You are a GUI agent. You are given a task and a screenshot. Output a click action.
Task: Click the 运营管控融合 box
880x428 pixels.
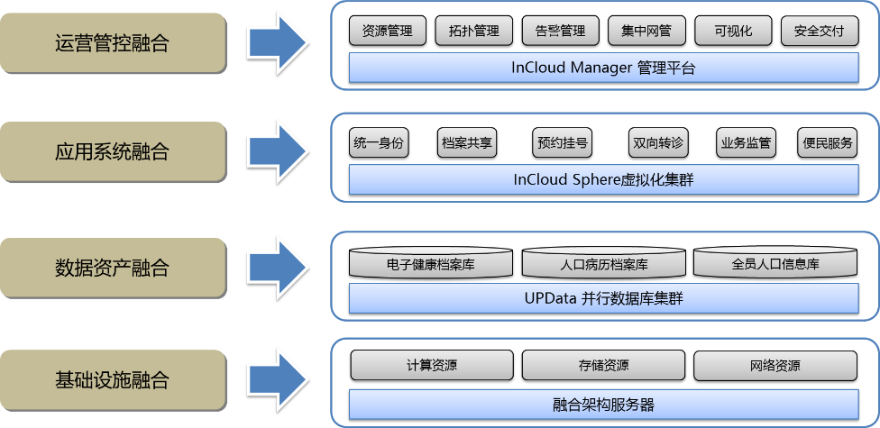tap(112, 41)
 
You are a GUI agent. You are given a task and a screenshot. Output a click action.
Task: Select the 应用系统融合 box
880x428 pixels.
tap(112, 152)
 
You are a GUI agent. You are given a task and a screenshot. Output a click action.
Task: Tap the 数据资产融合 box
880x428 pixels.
tap(112, 268)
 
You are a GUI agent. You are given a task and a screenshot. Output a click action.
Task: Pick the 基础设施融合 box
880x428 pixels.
tap(112, 379)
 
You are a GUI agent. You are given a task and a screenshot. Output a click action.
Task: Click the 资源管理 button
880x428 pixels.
tap(387, 32)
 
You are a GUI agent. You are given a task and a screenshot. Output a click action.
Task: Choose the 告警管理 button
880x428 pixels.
tap(560, 32)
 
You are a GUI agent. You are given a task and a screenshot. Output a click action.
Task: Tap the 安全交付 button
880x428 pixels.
tap(820, 32)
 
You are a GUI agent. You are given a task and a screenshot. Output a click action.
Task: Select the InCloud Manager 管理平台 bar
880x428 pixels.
tap(603, 68)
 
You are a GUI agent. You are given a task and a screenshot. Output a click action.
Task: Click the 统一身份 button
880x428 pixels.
tap(379, 142)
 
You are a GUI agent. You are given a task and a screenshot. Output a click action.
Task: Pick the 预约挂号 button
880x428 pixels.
tap(563, 142)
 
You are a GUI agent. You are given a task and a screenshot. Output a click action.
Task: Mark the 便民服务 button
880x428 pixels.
tap(827, 142)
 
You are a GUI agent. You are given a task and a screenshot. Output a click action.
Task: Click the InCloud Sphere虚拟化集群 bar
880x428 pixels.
tap(603, 179)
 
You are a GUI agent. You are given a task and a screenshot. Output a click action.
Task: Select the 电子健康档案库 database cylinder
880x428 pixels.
tap(431, 263)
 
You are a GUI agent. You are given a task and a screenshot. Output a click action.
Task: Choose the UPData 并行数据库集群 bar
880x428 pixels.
tap(603, 297)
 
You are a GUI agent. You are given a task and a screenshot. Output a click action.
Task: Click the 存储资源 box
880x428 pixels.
tap(603, 366)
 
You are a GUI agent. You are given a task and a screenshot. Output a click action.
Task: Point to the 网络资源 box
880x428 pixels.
tap(775, 366)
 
